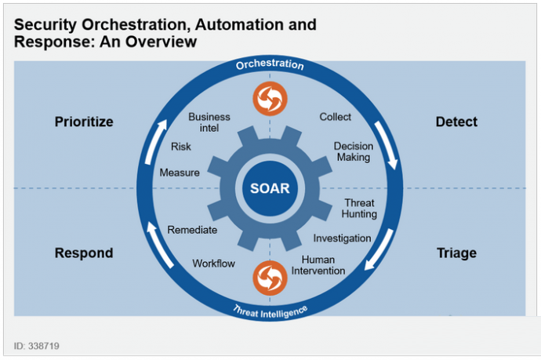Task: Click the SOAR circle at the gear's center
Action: (x=270, y=188)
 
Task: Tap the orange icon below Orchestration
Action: (x=270, y=99)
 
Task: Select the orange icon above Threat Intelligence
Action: (x=270, y=278)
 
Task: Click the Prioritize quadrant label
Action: (x=84, y=122)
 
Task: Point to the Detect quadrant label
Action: (x=456, y=122)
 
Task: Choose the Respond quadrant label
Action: (x=84, y=253)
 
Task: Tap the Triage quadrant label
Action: (x=456, y=253)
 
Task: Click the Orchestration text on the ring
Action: (x=270, y=64)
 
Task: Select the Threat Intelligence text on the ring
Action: (x=270, y=312)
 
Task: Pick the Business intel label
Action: (x=209, y=122)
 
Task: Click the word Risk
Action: (x=181, y=147)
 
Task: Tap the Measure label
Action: (x=180, y=173)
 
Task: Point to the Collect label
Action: (x=335, y=117)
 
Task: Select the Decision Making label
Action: (x=354, y=151)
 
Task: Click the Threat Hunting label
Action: (x=359, y=208)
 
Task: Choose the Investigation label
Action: (x=342, y=238)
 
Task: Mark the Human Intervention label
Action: (x=318, y=265)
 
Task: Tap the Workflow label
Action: (x=213, y=264)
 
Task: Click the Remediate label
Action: (x=192, y=230)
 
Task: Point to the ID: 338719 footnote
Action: (x=37, y=346)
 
